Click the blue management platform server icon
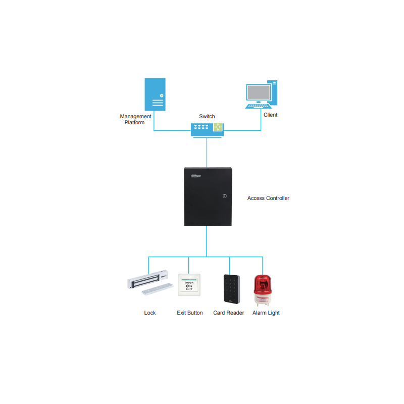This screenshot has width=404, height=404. click(x=155, y=94)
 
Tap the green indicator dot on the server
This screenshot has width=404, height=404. click(x=162, y=95)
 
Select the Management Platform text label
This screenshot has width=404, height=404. click(x=135, y=119)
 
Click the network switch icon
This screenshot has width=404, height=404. click(x=207, y=130)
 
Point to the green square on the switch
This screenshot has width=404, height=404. click(x=218, y=127)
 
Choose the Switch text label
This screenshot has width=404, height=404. click(x=207, y=116)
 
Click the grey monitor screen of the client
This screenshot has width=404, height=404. click(x=259, y=92)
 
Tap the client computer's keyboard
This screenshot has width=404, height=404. click(x=258, y=106)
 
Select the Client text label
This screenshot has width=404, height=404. click(x=270, y=115)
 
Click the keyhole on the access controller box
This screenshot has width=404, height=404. click(x=225, y=196)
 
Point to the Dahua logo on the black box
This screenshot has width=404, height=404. click(x=196, y=176)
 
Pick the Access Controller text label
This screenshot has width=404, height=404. click(x=268, y=198)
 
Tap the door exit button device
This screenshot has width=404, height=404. click(x=189, y=285)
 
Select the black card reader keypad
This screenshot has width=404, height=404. click(x=232, y=289)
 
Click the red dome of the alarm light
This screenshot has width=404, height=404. click(x=263, y=284)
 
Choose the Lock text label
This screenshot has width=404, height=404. click(x=150, y=313)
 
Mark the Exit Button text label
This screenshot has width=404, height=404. click(x=190, y=313)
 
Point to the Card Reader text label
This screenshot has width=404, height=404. click(x=229, y=313)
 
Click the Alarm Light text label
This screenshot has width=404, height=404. click(x=266, y=313)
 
